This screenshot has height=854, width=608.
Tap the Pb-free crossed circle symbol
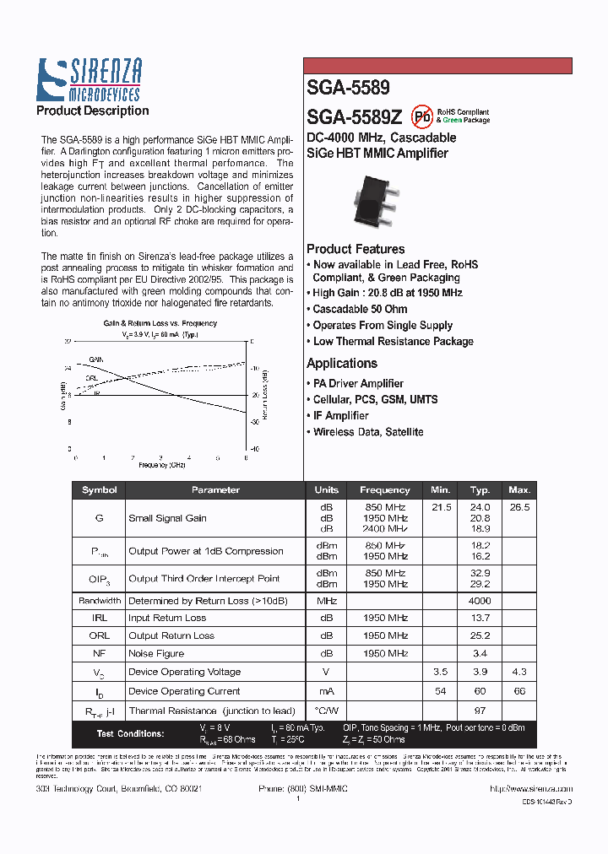pos(421,116)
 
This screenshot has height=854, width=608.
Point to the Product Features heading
pos(356,249)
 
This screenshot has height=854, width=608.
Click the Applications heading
pos(341,364)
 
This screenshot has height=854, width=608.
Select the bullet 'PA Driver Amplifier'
pos(358,383)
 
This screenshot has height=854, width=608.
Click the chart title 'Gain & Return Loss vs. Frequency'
pos(160,323)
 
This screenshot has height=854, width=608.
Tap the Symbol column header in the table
pos(99,489)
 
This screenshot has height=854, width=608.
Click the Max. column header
pos(519,489)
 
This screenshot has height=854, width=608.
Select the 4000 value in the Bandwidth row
pos(480,601)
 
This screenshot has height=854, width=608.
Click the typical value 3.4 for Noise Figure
pos(480,653)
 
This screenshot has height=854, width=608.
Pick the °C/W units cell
pos(326,711)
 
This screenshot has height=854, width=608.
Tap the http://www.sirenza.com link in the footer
pos(531,787)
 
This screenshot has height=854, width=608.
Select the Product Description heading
pos(92,111)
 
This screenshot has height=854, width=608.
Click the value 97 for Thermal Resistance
pos(480,711)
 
